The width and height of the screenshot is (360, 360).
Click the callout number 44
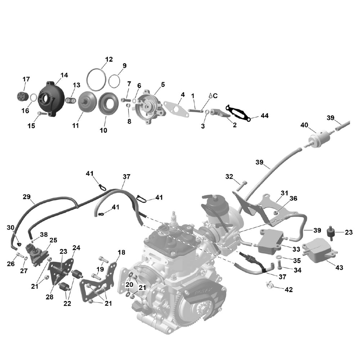pos(265,116)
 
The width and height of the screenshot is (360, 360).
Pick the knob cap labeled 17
pos(22,96)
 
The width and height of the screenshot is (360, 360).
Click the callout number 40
pos(305,125)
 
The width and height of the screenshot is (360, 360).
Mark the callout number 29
pos(26,197)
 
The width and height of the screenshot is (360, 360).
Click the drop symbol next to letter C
pos(210,96)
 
